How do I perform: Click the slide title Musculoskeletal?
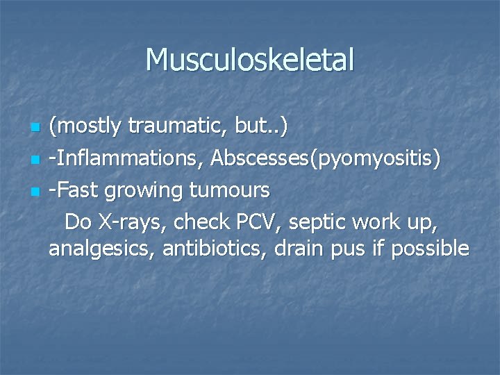(x=250, y=60)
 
